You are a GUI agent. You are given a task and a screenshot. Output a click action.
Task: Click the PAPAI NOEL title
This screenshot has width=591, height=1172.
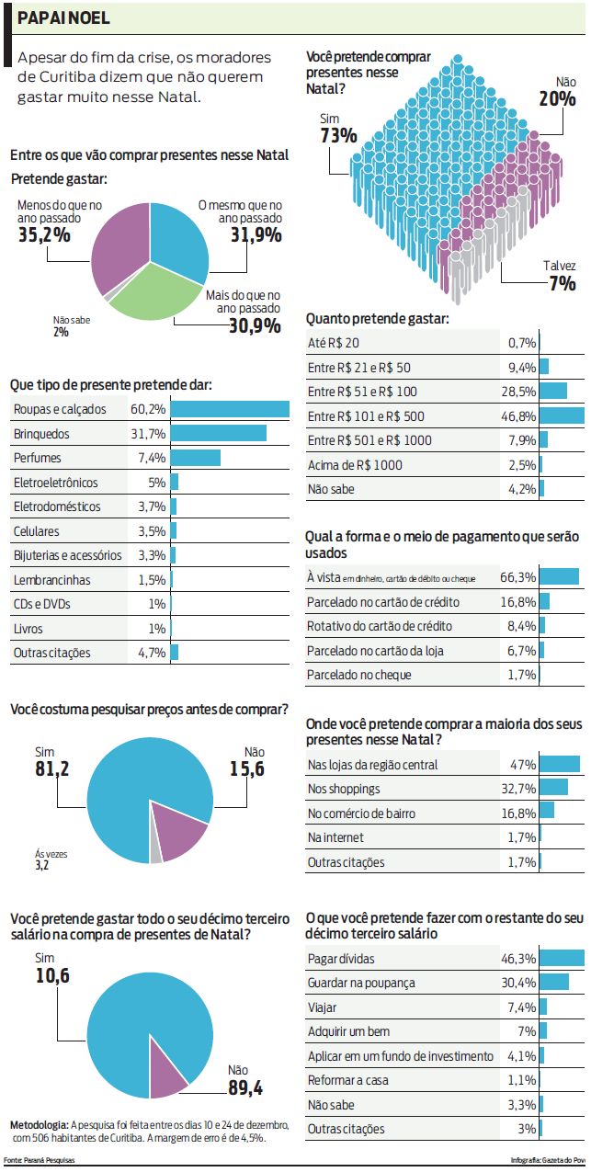click(x=63, y=17)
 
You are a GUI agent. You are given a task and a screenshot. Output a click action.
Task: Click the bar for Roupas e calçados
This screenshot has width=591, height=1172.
click(x=230, y=409)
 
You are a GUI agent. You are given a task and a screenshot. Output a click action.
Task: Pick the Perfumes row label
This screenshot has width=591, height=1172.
click(x=38, y=458)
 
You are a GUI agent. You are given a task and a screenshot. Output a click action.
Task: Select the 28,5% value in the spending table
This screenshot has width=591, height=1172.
click(x=521, y=392)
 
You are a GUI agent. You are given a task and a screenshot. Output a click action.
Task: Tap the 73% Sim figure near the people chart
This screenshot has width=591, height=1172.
click(x=338, y=136)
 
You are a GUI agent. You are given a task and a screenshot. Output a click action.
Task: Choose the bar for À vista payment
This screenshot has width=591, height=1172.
click(x=559, y=577)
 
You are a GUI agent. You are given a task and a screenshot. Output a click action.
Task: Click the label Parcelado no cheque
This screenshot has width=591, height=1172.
click(x=358, y=676)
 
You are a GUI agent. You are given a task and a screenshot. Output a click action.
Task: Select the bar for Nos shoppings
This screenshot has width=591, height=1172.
click(x=553, y=788)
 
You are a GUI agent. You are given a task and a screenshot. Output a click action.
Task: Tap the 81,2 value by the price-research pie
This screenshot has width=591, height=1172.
click(x=53, y=768)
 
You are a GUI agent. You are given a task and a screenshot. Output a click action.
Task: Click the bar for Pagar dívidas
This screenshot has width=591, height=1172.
click(x=562, y=958)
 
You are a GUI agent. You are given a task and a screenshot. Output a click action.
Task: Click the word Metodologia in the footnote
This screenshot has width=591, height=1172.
click(x=38, y=1124)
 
